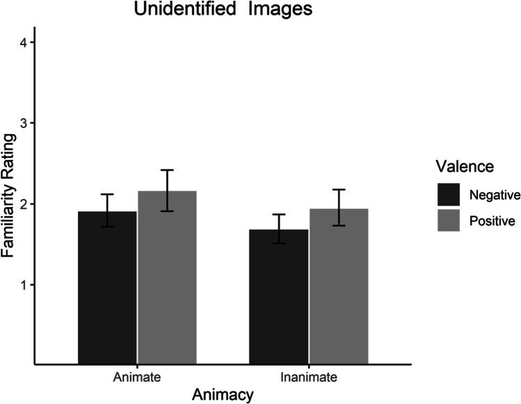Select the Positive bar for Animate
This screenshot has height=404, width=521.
click(x=167, y=277)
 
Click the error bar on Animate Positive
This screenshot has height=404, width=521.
click(x=167, y=190)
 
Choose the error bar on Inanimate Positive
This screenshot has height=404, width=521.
click(x=339, y=207)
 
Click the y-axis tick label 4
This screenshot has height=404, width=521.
click(x=24, y=42)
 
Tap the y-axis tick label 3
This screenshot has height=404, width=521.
click(x=24, y=123)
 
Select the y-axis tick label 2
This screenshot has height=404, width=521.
click(x=24, y=204)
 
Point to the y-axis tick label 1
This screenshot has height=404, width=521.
click(x=24, y=284)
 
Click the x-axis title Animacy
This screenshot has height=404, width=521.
click(x=223, y=395)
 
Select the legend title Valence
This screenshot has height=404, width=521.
click(x=460, y=166)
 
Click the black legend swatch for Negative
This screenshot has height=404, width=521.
click(x=447, y=194)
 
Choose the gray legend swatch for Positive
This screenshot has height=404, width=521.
click(x=447, y=221)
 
